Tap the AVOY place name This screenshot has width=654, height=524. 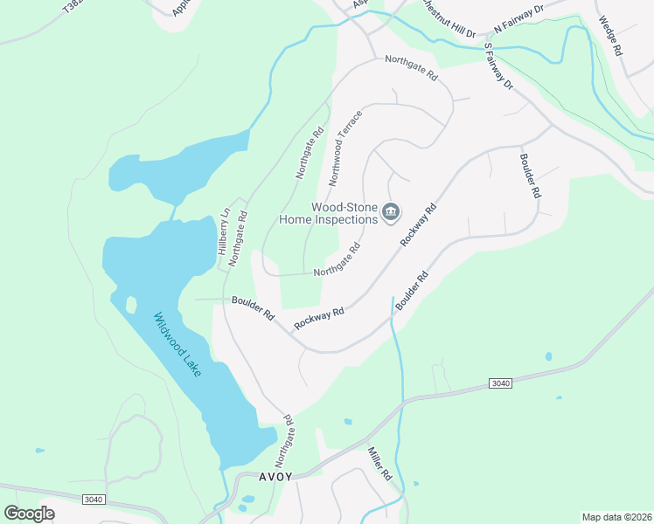pos(275,478)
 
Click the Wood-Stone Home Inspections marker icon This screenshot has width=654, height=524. pos(391,212)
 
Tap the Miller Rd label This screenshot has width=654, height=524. pos(379,463)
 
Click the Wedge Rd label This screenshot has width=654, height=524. pos(611,35)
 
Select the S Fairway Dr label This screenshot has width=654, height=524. pos(496,65)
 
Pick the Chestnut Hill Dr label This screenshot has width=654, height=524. pos(446,18)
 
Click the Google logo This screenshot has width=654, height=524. pos(29,513)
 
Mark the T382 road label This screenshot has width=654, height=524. pos(75,7)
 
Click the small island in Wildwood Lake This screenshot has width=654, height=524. pos(131,305)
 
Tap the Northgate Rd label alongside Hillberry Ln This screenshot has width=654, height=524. pos(238,238)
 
